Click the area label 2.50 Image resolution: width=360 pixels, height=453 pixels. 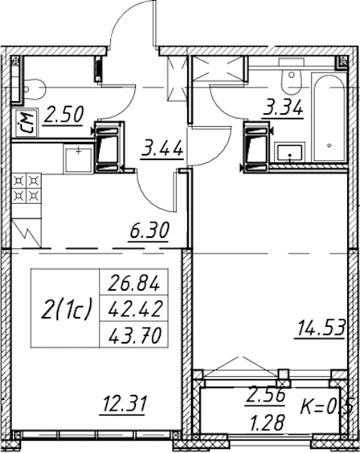point(63,116)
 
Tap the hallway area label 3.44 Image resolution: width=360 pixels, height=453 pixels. point(162,149)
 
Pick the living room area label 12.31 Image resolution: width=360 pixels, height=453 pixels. point(123,404)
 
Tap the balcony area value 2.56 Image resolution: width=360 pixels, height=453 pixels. point(266,396)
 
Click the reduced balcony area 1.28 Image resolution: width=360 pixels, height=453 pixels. point(266,424)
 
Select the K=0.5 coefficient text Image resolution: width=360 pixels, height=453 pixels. point(327,408)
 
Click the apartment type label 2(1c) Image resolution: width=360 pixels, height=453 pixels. point(66,309)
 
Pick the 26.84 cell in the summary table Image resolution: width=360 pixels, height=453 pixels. point(134,283)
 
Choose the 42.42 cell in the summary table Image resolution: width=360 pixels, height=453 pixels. point(134,308)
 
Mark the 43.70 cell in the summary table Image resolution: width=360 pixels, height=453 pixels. point(134,334)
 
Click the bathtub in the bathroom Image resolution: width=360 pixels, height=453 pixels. point(329,118)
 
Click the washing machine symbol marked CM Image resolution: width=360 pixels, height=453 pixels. point(26,123)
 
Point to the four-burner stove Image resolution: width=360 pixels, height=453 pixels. point(26,188)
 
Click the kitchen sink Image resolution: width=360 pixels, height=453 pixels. point(78,160)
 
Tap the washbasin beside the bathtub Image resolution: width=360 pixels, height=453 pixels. point(290,153)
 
